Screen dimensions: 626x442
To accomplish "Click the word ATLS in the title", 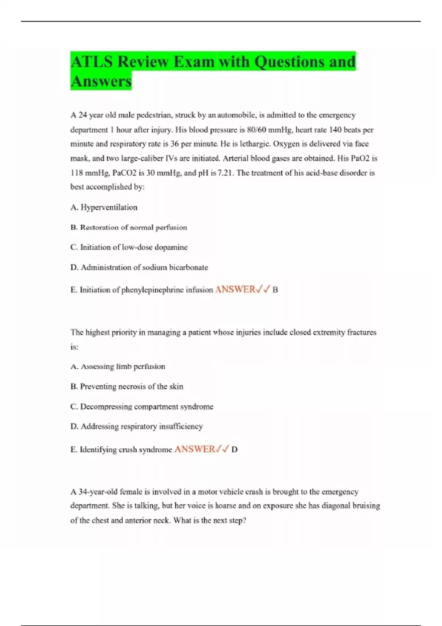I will click(92, 61).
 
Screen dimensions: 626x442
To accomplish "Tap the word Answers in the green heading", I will click(101, 81).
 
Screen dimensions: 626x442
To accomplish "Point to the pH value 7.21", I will click(225, 173).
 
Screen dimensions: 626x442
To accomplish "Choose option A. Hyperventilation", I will click(104, 207).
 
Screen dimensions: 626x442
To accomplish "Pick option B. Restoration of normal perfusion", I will click(129, 228).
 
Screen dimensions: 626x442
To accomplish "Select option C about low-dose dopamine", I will click(129, 247).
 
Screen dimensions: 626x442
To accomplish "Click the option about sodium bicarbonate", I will click(139, 267).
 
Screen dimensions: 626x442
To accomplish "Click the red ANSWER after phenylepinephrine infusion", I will click(235, 289).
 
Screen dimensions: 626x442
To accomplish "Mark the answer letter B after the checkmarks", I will click(275, 290).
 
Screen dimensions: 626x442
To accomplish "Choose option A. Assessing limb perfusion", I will click(117, 366).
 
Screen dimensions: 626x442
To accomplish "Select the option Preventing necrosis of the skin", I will click(127, 386).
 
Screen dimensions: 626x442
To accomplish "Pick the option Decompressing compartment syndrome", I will click(142, 407).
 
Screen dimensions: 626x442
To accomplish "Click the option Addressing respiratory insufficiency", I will click(136, 426).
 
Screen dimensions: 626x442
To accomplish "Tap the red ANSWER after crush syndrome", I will click(194, 449).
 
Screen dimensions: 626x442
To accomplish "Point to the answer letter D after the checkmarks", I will click(235, 450).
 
